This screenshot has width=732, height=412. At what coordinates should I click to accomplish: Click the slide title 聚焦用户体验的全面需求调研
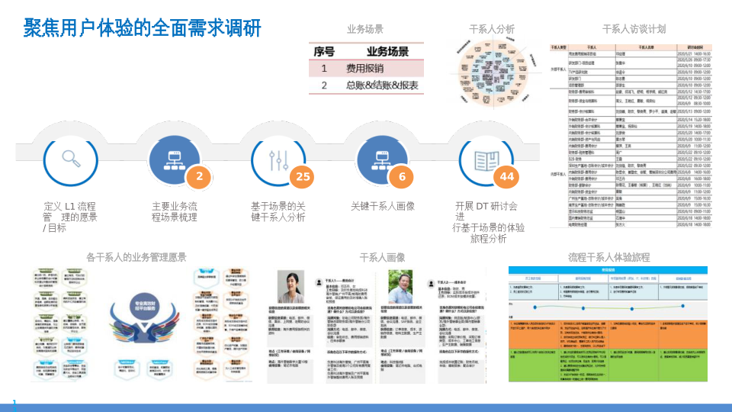(x=143, y=28)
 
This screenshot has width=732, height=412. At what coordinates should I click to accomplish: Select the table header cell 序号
(x=324, y=52)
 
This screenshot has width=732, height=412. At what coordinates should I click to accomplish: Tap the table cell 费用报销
(x=364, y=69)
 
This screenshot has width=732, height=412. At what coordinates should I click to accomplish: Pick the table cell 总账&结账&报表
(x=381, y=85)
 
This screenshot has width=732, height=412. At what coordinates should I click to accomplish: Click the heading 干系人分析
(x=492, y=29)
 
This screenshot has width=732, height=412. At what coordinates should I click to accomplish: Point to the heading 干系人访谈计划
(x=634, y=29)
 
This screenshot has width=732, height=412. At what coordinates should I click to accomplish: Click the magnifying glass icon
(x=72, y=159)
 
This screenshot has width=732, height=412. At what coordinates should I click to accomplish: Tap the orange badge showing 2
(x=200, y=177)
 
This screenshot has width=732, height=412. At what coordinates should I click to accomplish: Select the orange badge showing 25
(x=303, y=177)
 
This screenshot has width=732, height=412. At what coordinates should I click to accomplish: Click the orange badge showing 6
(x=402, y=177)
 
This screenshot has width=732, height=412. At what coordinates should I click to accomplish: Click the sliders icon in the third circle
(x=278, y=159)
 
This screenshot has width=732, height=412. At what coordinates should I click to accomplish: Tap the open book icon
(x=486, y=159)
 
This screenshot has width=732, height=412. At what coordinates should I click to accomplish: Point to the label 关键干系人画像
(x=382, y=206)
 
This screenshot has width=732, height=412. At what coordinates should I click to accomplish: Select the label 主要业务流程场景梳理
(x=175, y=211)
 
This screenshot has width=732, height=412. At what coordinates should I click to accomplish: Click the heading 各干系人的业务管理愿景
(x=136, y=257)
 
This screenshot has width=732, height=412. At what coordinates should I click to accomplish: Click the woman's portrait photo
(x=291, y=287)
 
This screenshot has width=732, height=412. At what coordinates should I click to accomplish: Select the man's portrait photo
(x=401, y=287)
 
